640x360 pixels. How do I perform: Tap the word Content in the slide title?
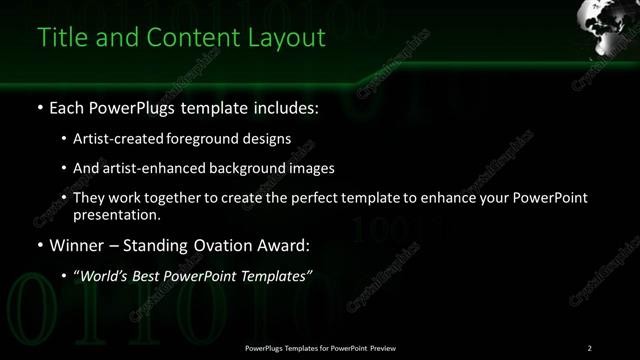pyautogui.click(x=189, y=38)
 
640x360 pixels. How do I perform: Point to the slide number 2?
pyautogui.click(x=590, y=348)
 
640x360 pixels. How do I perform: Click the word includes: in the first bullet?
pyautogui.click(x=283, y=106)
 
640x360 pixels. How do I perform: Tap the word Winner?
pyautogui.click(x=75, y=245)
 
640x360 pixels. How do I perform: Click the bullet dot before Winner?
pyautogui.click(x=39, y=245)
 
